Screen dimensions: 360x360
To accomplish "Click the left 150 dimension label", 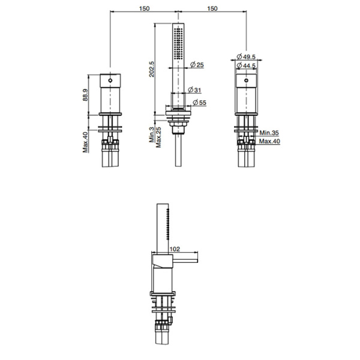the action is pyautogui.click(x=144, y=8).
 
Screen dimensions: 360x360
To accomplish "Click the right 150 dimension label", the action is pyautogui.click(x=212, y=8).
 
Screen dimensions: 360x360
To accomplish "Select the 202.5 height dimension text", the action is pyautogui.click(x=152, y=69).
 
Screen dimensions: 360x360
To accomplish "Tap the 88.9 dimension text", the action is pyautogui.click(x=85, y=95).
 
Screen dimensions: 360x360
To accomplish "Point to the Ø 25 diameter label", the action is pyautogui.click(x=197, y=65).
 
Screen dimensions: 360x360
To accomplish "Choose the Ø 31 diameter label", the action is pyautogui.click(x=194, y=90).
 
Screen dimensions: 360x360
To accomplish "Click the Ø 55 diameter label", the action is pyautogui.click(x=200, y=103).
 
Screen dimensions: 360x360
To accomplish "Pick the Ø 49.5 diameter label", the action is pyautogui.click(x=246, y=56).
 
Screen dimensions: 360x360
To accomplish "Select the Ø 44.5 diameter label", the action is pyautogui.click(x=246, y=65).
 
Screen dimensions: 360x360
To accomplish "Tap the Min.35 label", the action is pyautogui.click(x=269, y=133).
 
